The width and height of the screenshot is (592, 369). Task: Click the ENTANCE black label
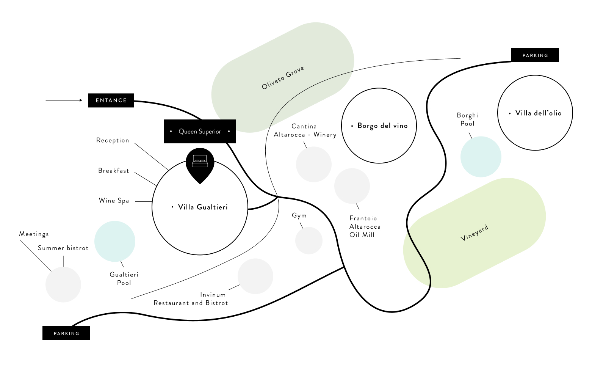point(111,100)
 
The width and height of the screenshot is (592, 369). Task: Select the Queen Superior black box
point(200,132)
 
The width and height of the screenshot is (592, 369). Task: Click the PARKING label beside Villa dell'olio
point(535,55)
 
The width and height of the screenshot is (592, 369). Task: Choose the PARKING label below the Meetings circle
point(66,333)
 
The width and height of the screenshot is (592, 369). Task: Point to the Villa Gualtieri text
point(203,207)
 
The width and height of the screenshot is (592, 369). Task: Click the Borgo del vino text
point(382,126)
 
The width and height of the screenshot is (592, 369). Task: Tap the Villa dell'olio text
point(538,113)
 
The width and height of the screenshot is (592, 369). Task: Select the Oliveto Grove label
point(283,78)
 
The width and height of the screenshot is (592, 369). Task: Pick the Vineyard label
point(475,233)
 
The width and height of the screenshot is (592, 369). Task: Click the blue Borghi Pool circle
point(481,157)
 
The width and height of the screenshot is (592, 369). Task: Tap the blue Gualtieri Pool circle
point(115,241)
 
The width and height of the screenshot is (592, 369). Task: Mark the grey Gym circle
point(309,240)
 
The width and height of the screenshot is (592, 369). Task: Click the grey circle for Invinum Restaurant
point(255,276)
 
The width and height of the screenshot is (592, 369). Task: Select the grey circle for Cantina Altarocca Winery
point(314,164)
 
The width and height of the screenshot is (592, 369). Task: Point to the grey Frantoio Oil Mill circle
point(352,186)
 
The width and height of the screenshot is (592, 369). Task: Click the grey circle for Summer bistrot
point(63,284)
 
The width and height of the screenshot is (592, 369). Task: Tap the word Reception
point(113,140)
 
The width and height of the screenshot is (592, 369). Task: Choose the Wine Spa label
point(114,201)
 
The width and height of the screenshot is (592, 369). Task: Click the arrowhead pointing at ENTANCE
point(81,100)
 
